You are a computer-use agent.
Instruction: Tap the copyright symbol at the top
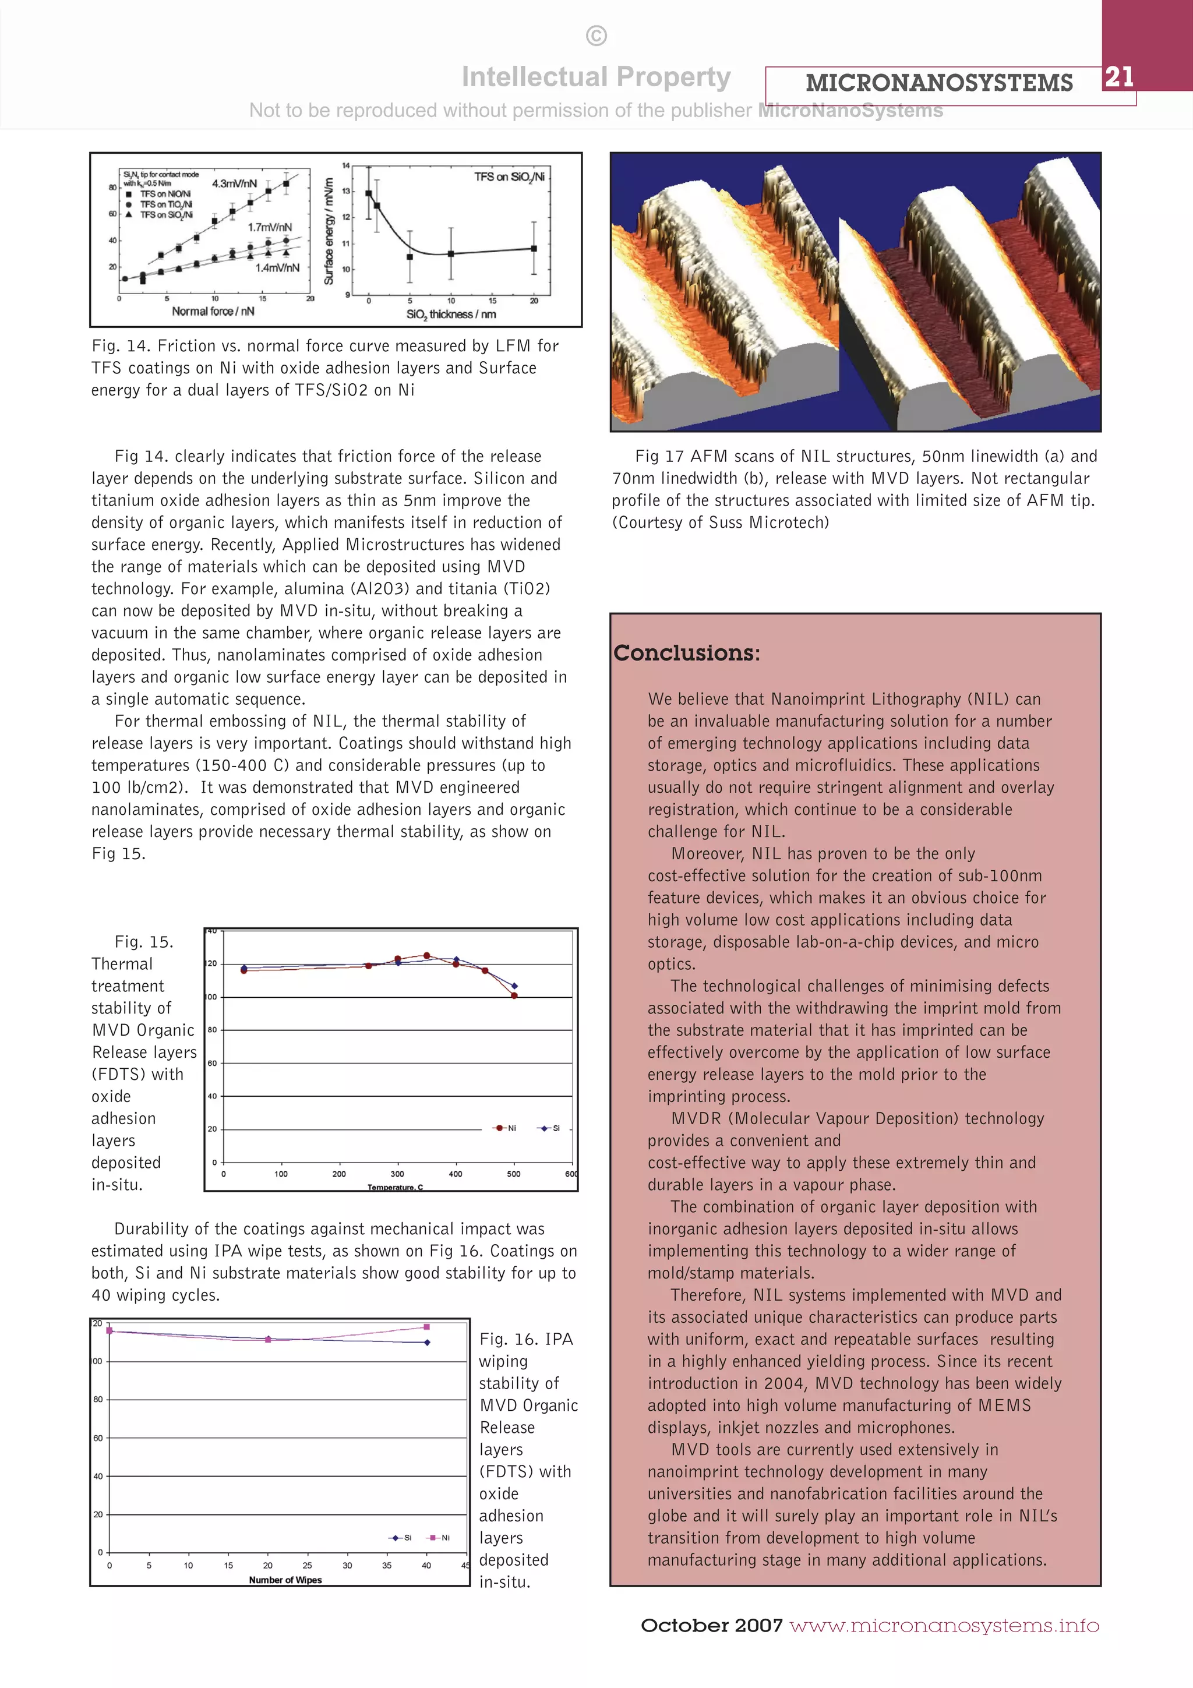[x=596, y=36]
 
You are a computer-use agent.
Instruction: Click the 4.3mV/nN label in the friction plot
[x=235, y=183]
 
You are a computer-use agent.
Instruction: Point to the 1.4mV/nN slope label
[x=277, y=267]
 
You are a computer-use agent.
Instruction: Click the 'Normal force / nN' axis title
[x=213, y=311]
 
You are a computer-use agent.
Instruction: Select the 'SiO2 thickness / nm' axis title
[x=451, y=314]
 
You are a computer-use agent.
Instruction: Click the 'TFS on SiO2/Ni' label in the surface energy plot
[x=509, y=176]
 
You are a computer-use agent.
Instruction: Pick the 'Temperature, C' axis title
[x=395, y=1187]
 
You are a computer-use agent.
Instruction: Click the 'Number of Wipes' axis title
[x=285, y=1580]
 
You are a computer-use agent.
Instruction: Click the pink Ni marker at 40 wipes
[x=426, y=1327]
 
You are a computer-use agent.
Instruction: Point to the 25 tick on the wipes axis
[x=307, y=1565]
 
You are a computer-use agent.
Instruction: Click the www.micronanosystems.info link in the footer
[x=944, y=1626]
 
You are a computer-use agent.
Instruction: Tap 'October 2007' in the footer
[x=711, y=1626]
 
